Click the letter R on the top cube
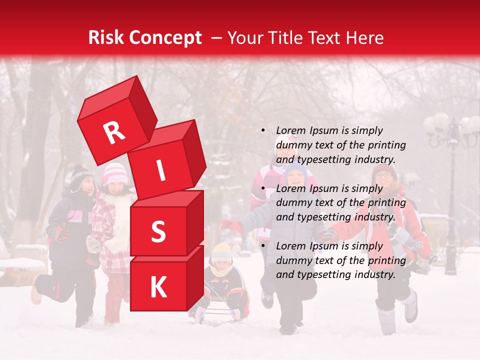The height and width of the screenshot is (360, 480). pos(114,132)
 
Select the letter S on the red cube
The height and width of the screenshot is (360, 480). pos(158,231)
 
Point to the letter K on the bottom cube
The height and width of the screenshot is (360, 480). pos(158,287)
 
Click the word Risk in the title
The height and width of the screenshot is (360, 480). pos(106,37)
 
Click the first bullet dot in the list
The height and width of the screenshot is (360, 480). pos(262,130)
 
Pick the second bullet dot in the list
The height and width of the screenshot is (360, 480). pos(262,188)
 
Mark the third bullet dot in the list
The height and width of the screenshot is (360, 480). pos(262,246)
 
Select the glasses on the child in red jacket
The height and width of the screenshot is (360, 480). pos(383,175)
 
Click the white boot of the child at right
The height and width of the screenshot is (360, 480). pos(410,305)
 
